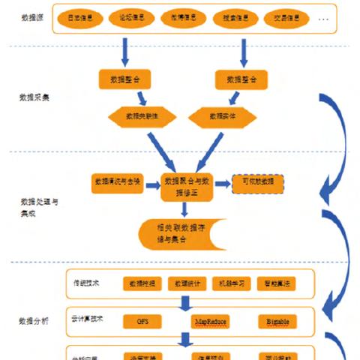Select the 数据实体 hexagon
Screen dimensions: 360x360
coord(223,116)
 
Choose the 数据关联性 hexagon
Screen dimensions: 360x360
coord(141,116)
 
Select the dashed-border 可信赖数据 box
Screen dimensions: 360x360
coord(258,182)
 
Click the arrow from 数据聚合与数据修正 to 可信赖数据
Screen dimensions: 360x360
coord(222,182)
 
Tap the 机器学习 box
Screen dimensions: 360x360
coord(232,283)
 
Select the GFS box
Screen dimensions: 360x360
coord(142,321)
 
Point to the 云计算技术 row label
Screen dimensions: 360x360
coord(90,318)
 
